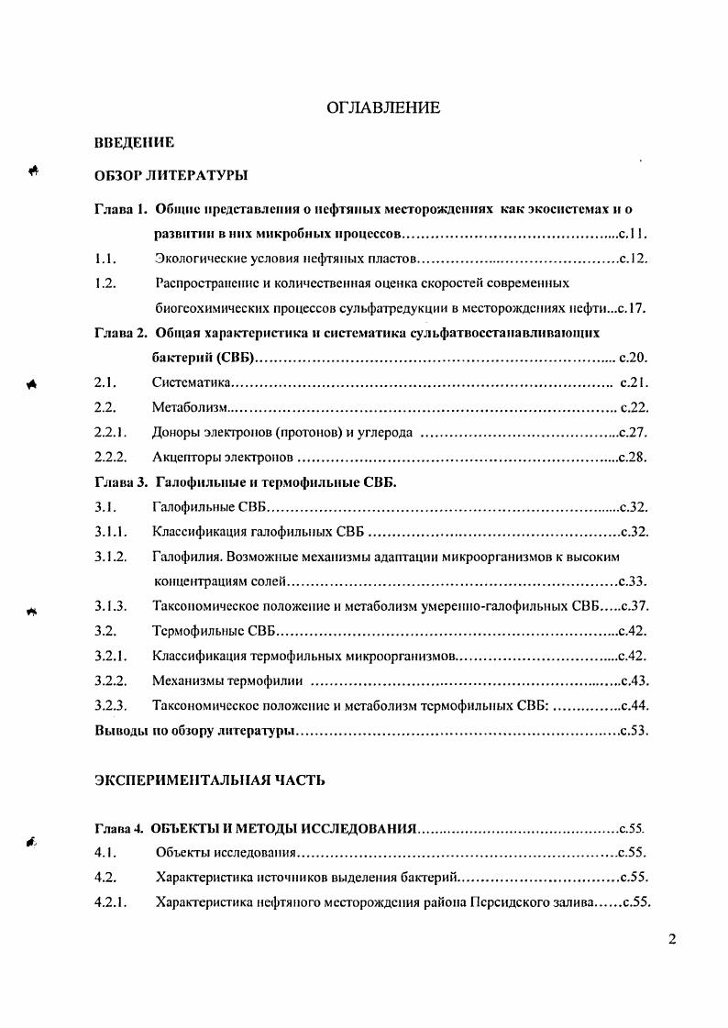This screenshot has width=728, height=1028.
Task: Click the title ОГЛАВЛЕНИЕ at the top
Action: [383, 108]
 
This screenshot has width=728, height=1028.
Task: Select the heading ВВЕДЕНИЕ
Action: [135, 143]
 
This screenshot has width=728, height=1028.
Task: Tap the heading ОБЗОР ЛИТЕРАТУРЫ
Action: [171, 174]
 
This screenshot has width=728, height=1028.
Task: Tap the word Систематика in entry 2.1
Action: [191, 381]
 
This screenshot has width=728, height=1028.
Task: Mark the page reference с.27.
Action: [634, 432]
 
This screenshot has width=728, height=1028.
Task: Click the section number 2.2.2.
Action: [109, 456]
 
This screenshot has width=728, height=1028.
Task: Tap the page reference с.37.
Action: [635, 605]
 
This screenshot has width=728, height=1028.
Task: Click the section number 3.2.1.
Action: [109, 656]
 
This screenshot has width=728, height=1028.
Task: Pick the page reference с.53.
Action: [634, 731]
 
